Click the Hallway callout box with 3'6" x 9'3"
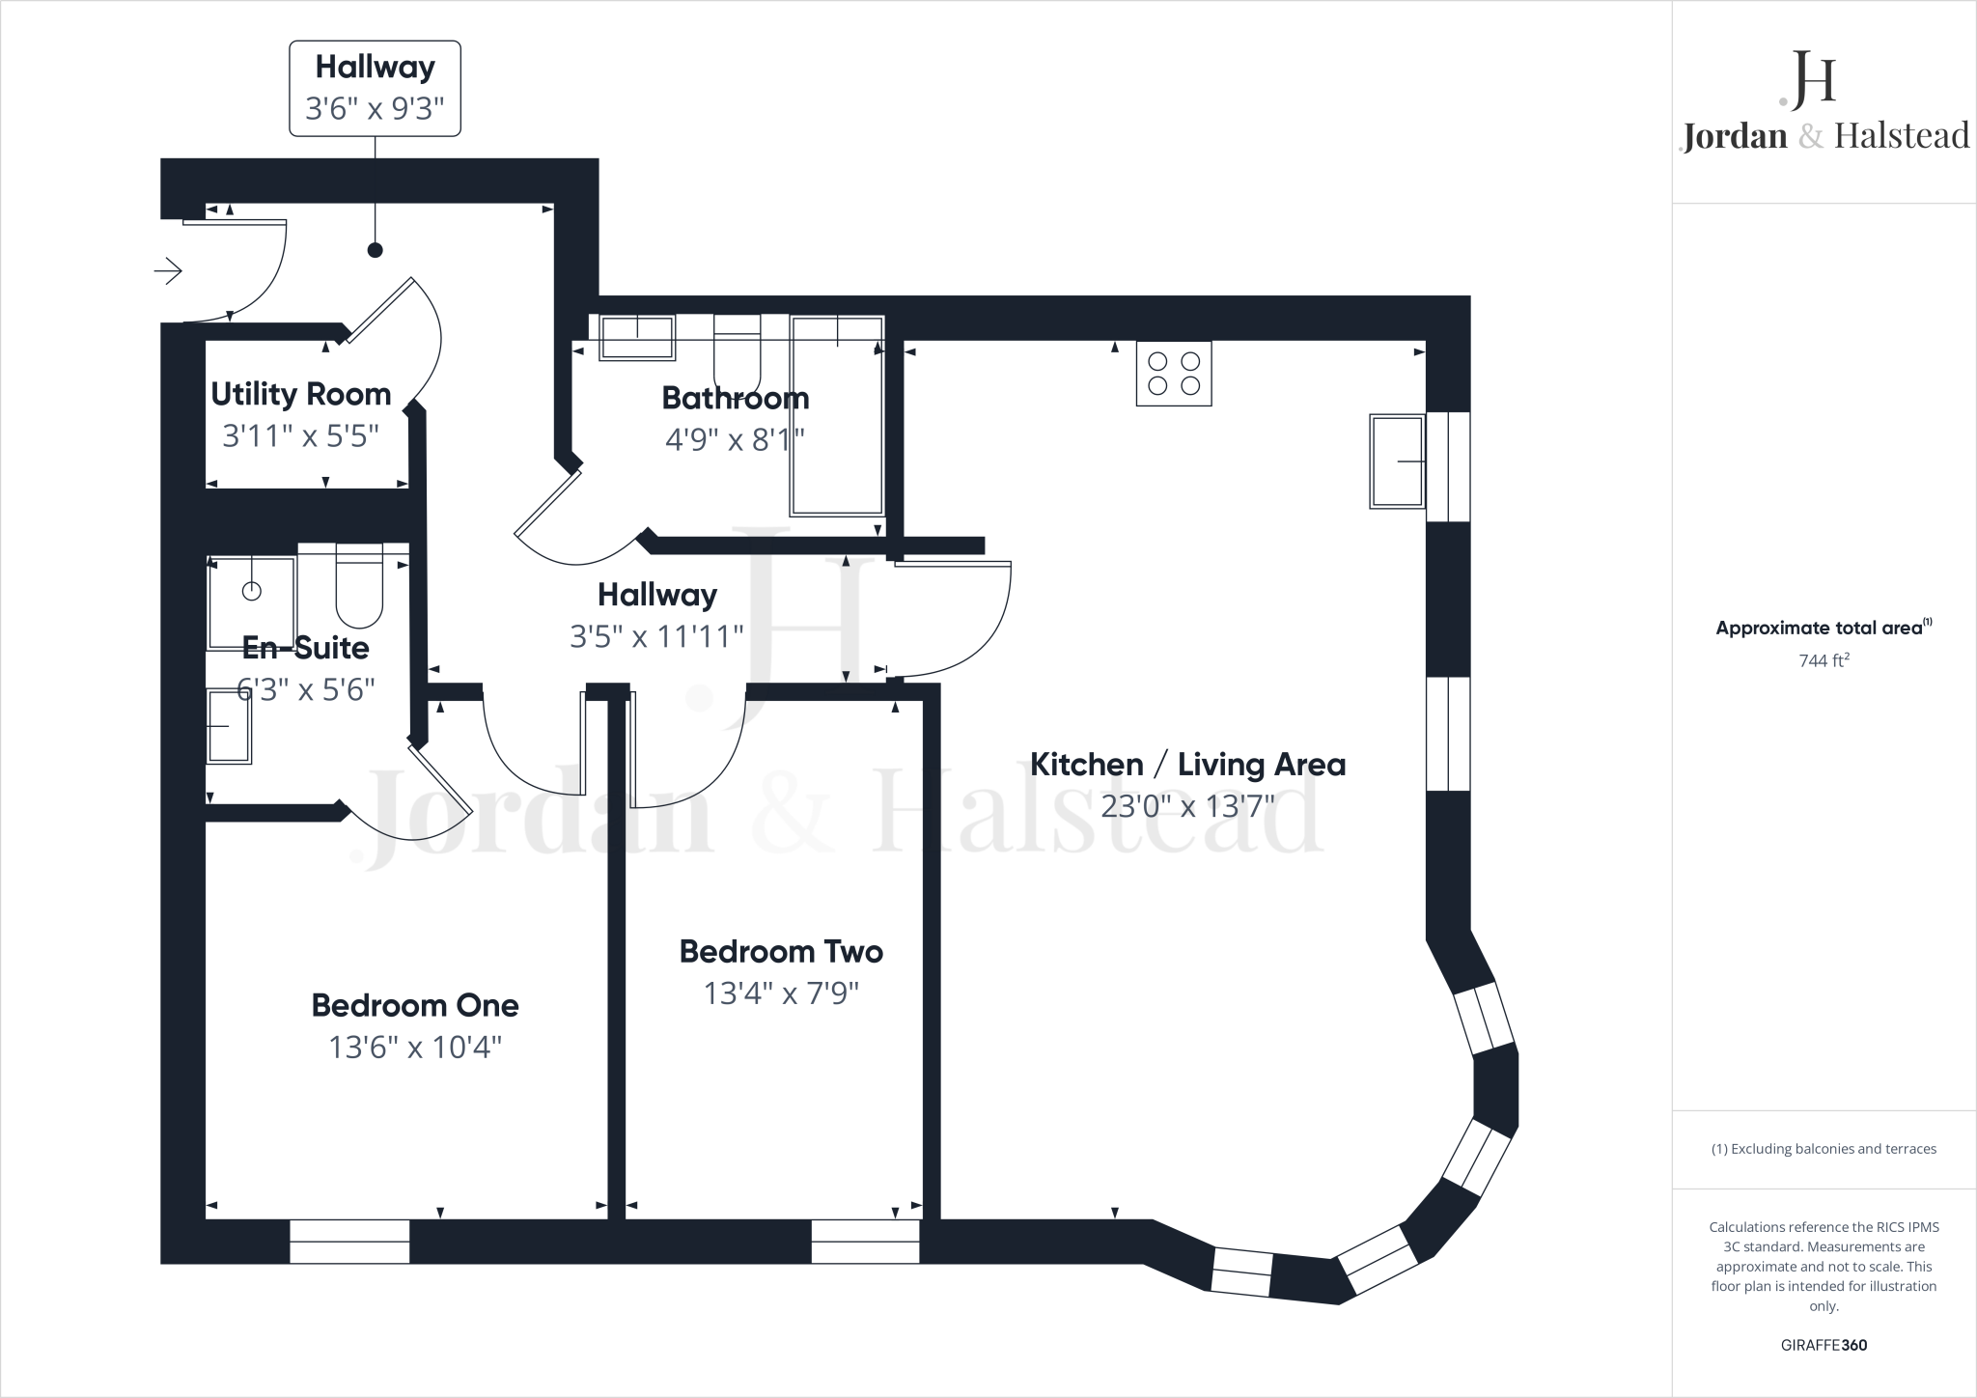(375, 88)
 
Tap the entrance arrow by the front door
(168, 271)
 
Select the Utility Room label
(300, 394)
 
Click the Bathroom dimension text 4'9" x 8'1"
(735, 440)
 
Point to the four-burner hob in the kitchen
(1173, 374)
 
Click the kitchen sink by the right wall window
(1397, 461)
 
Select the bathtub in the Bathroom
(837, 415)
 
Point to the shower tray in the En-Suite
(251, 602)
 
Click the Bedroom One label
(415, 1005)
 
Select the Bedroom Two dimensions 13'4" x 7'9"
(781, 993)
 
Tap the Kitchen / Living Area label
(1187, 765)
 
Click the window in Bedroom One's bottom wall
(349, 1242)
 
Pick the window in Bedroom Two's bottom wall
(865, 1242)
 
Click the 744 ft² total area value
(1824, 661)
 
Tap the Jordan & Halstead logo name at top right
(1824, 136)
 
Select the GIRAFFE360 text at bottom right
(1824, 1345)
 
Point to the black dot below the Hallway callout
(376, 250)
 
